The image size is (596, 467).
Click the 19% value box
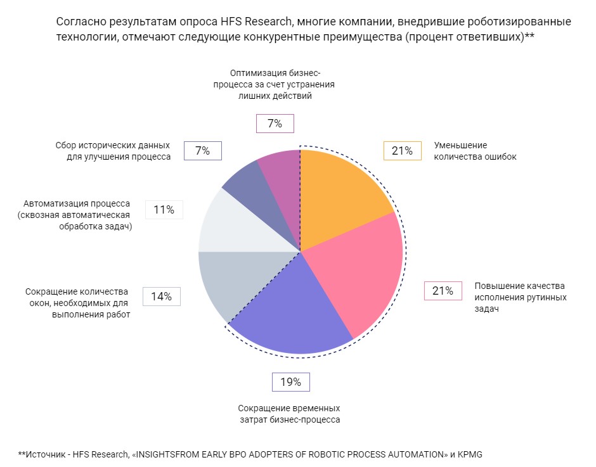pyautogui.click(x=291, y=382)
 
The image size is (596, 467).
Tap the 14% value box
pyautogui.click(x=162, y=296)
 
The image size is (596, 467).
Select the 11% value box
pyautogui.click(x=164, y=210)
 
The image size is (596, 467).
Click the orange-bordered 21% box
pyautogui.click(x=403, y=150)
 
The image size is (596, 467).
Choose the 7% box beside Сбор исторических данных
pyautogui.click(x=202, y=150)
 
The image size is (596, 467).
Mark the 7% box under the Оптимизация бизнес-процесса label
pyautogui.click(x=275, y=124)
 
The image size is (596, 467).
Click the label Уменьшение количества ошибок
pyautogui.click(x=475, y=151)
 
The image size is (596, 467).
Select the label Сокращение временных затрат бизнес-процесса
pyautogui.click(x=289, y=414)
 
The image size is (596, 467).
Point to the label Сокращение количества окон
pyautogui.click(x=77, y=303)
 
